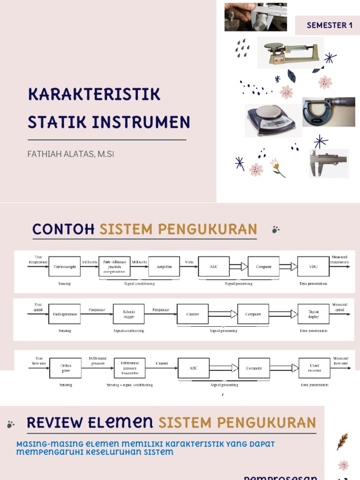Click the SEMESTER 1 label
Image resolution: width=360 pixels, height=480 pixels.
(330, 25)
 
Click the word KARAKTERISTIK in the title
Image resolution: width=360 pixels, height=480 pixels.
(94, 94)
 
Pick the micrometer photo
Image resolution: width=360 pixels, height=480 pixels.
(328, 112)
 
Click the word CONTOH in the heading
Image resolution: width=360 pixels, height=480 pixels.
(63, 229)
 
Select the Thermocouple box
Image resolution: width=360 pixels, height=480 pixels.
(65, 267)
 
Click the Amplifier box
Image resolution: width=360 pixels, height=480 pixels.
(164, 267)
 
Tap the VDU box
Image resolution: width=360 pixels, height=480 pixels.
(313, 267)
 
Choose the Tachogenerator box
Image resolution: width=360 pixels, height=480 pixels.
(65, 314)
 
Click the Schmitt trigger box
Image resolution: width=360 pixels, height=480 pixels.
(128, 314)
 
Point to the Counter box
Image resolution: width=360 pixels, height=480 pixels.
(193, 314)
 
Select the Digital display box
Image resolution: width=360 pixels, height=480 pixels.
(313, 314)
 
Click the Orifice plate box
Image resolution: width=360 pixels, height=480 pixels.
(66, 368)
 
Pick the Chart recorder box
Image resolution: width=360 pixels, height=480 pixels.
(314, 368)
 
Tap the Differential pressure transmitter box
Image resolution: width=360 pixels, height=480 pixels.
(129, 368)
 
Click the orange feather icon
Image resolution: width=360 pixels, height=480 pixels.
(343, 441)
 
